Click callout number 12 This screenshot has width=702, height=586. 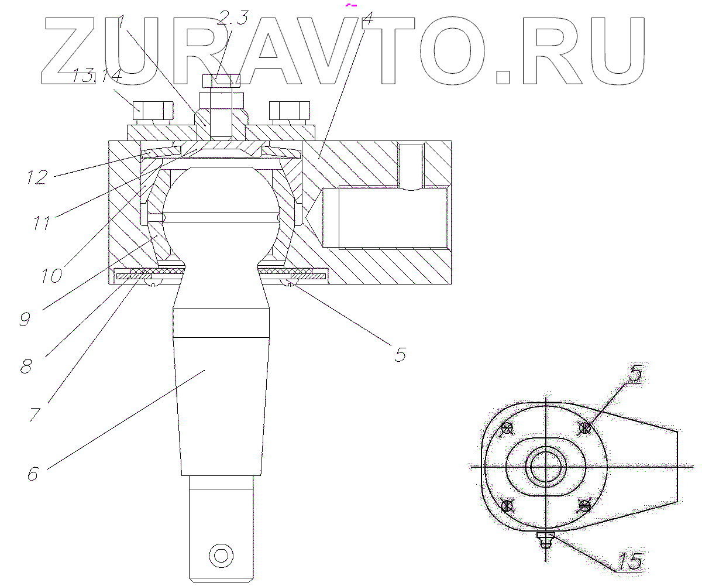point(36,177)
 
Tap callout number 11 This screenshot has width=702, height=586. point(42,223)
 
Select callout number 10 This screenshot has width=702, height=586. point(51,275)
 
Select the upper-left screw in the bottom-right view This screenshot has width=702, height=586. point(508,428)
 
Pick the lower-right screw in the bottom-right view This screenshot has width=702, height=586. point(584,505)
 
